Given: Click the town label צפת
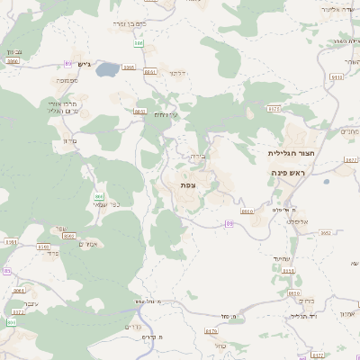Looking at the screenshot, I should pos(188,184).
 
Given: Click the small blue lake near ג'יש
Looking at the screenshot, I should pos(107,68).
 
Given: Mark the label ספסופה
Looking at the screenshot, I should pos(67,81).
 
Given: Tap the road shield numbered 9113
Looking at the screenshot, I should pos(337,77).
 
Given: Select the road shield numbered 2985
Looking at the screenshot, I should pos(129,67).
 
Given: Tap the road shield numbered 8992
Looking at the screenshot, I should pos(68,236).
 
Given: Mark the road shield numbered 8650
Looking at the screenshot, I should pos(292,293).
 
